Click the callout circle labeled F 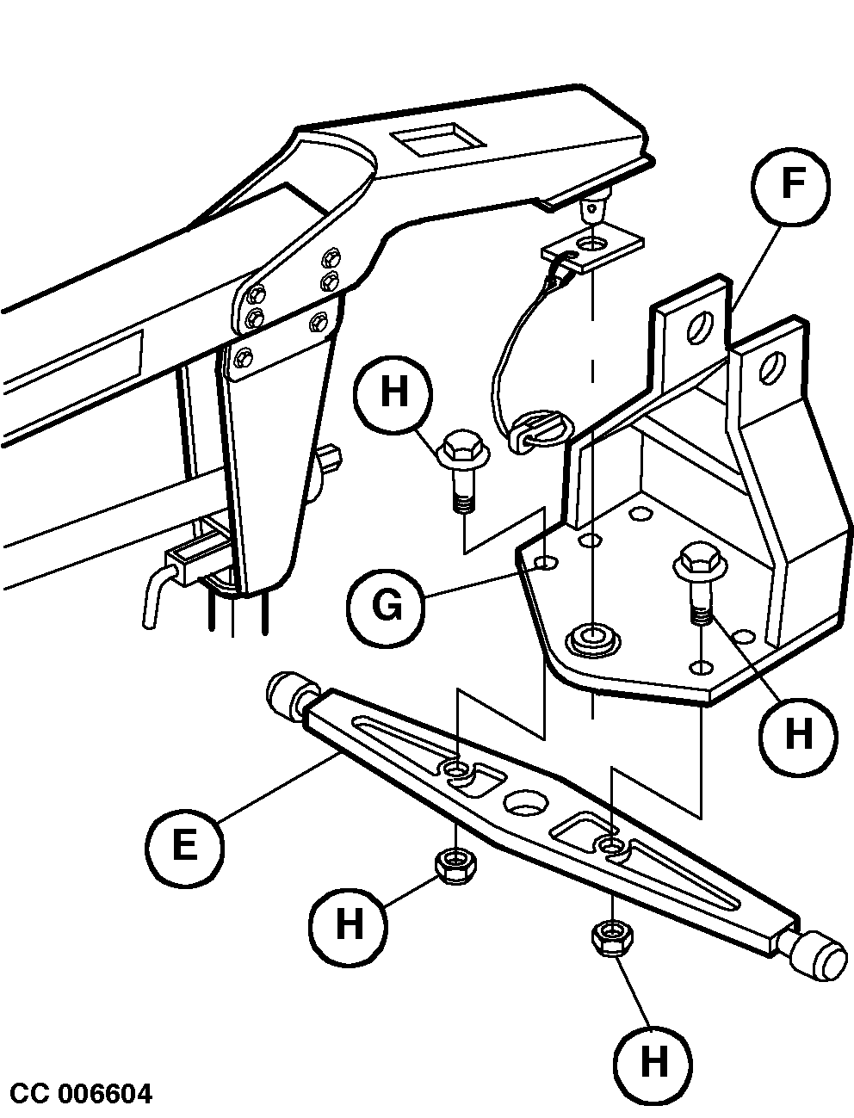click(791, 187)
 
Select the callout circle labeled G click(386, 606)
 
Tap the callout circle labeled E click(184, 844)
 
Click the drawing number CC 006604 click(82, 1094)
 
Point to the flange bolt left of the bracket click(463, 470)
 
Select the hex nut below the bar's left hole click(455, 865)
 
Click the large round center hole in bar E click(525, 802)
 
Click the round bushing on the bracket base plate click(592, 639)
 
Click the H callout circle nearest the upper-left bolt click(394, 394)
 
